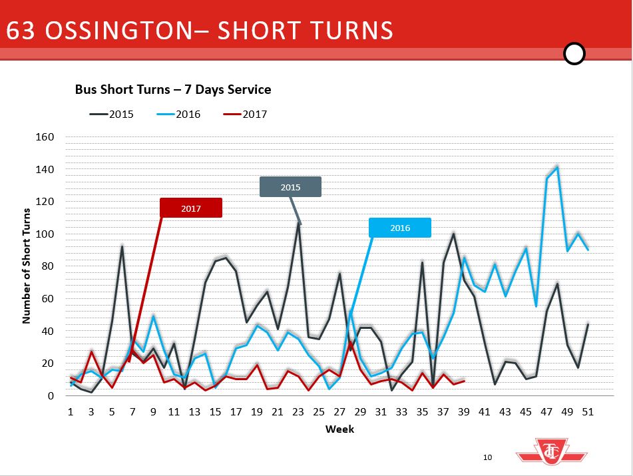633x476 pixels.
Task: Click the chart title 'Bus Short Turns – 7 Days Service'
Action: [172, 89]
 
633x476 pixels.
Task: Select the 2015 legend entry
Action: [112, 114]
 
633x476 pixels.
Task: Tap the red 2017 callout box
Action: [191, 208]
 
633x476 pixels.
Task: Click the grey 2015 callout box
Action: [290, 187]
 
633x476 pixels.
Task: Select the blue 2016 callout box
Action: [400, 228]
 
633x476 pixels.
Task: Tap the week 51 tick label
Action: [588, 412]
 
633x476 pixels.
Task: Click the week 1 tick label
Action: [71, 412]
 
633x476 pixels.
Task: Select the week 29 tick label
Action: [360, 412]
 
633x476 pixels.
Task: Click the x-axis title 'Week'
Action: [339, 429]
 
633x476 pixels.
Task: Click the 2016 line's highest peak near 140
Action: [557, 167]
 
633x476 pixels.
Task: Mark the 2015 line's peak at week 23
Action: [299, 222]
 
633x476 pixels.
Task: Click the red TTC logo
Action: [552, 455]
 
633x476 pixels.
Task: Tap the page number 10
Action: [487, 457]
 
